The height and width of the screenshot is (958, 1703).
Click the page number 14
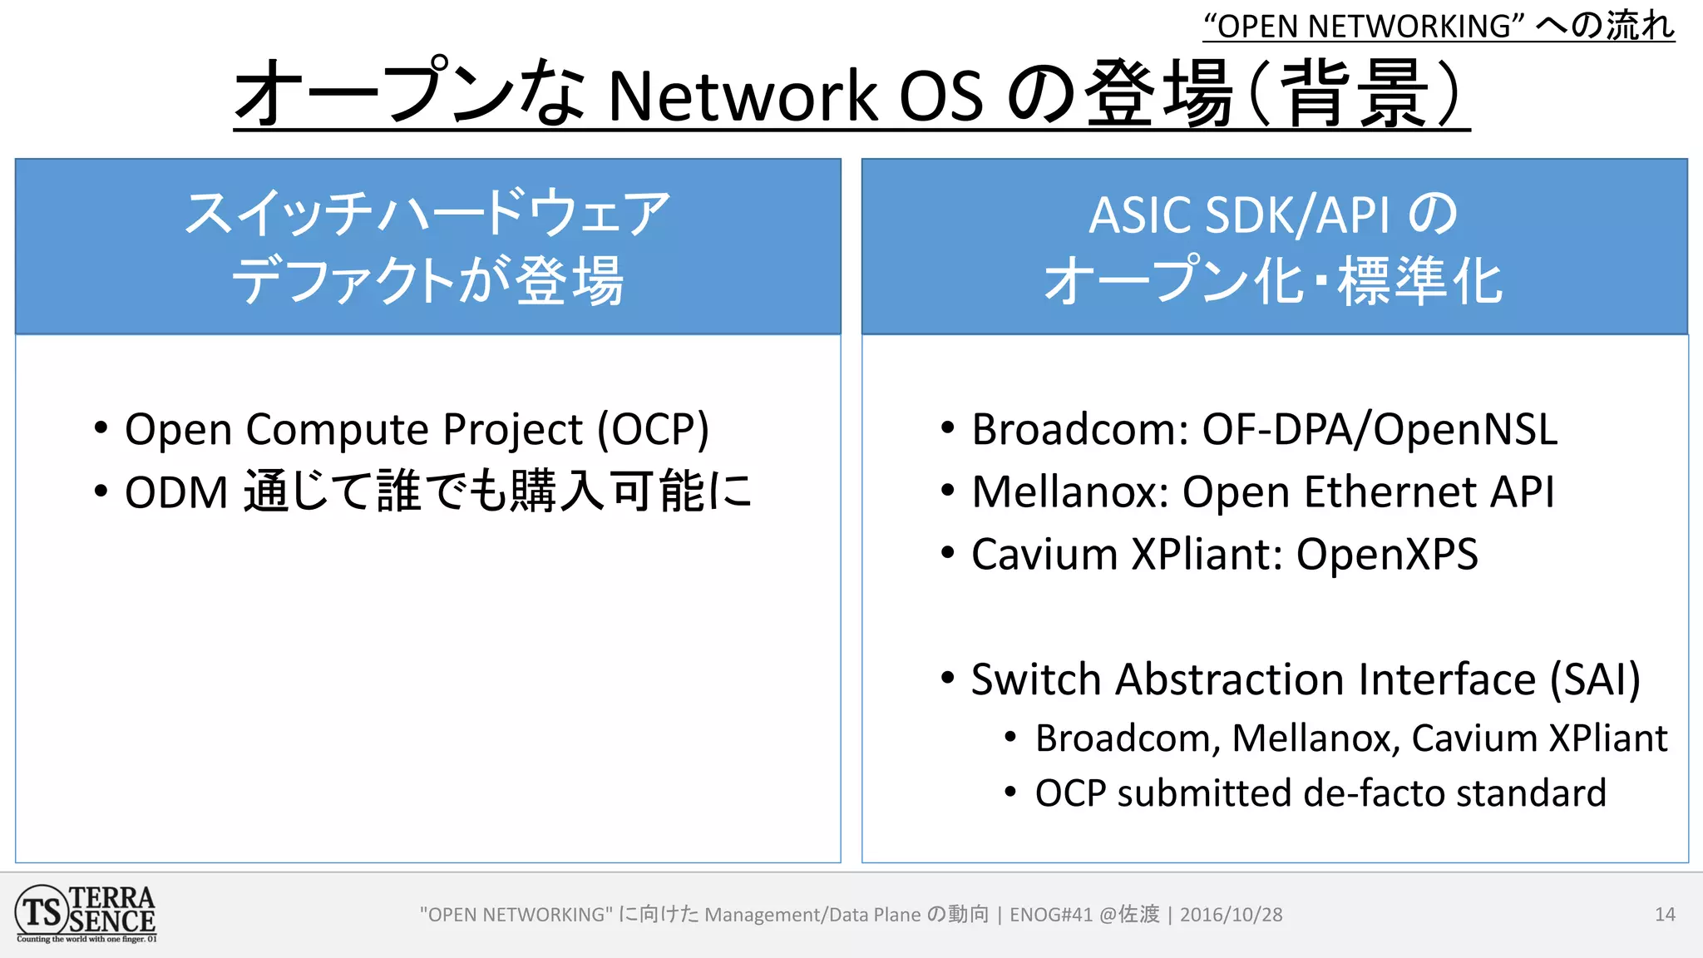pyautogui.click(x=1665, y=915)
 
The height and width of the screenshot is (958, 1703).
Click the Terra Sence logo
pyautogui.click(x=86, y=913)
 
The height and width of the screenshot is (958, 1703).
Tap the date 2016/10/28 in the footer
pyautogui.click(x=1231, y=915)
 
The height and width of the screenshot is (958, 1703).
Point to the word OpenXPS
pyautogui.click(x=1387, y=554)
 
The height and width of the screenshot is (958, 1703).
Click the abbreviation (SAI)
pyautogui.click(x=1595, y=679)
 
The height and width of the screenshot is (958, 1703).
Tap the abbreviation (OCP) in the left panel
pyautogui.click(x=654, y=430)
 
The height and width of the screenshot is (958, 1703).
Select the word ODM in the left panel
pyautogui.click(x=175, y=492)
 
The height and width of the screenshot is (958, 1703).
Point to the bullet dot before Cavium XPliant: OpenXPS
pyautogui.click(x=947, y=553)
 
